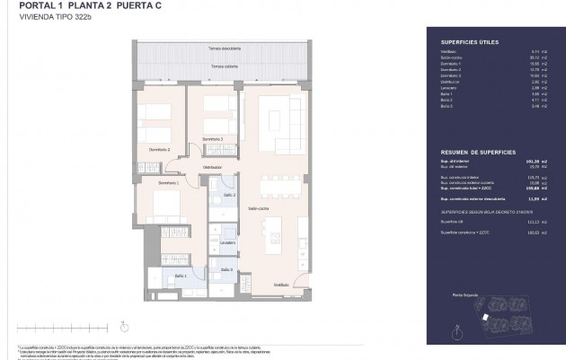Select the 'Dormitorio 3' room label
pos(212,139)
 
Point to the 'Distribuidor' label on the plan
pos(212,168)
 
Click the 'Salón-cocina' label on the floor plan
pos(259,209)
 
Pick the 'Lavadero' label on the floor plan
pos(228,242)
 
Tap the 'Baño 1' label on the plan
pos(180,276)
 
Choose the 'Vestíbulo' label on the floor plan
pos(281,285)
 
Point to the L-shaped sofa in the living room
pos(279,126)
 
